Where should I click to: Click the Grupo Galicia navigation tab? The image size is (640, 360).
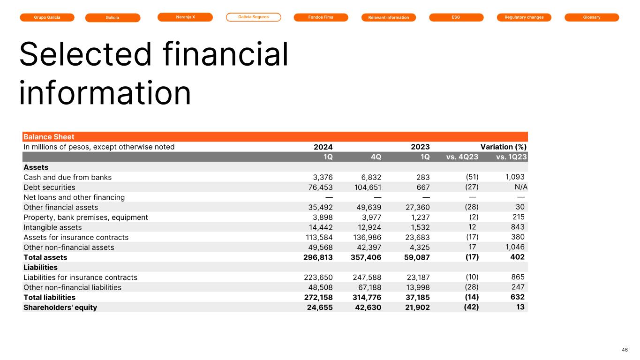[x=47, y=17]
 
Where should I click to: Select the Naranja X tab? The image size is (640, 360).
[x=185, y=17]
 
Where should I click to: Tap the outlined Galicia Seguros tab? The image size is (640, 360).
[x=253, y=17]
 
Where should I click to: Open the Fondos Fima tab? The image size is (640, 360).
[x=321, y=17]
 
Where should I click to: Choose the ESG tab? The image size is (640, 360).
[x=456, y=17]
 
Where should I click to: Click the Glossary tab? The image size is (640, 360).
[x=591, y=17]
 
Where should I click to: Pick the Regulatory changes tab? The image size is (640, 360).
[x=524, y=17]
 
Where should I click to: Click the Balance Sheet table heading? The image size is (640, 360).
[x=49, y=137]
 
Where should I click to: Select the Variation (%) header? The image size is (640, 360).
[x=503, y=147]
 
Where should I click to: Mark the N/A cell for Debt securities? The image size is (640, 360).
[x=518, y=187]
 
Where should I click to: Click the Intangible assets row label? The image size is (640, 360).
[x=53, y=227]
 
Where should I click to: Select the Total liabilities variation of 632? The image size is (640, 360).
[x=517, y=297]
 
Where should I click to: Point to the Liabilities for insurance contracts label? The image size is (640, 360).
[x=80, y=277]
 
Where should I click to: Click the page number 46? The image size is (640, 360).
[x=624, y=350]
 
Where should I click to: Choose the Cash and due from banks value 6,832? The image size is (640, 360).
[x=369, y=177]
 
